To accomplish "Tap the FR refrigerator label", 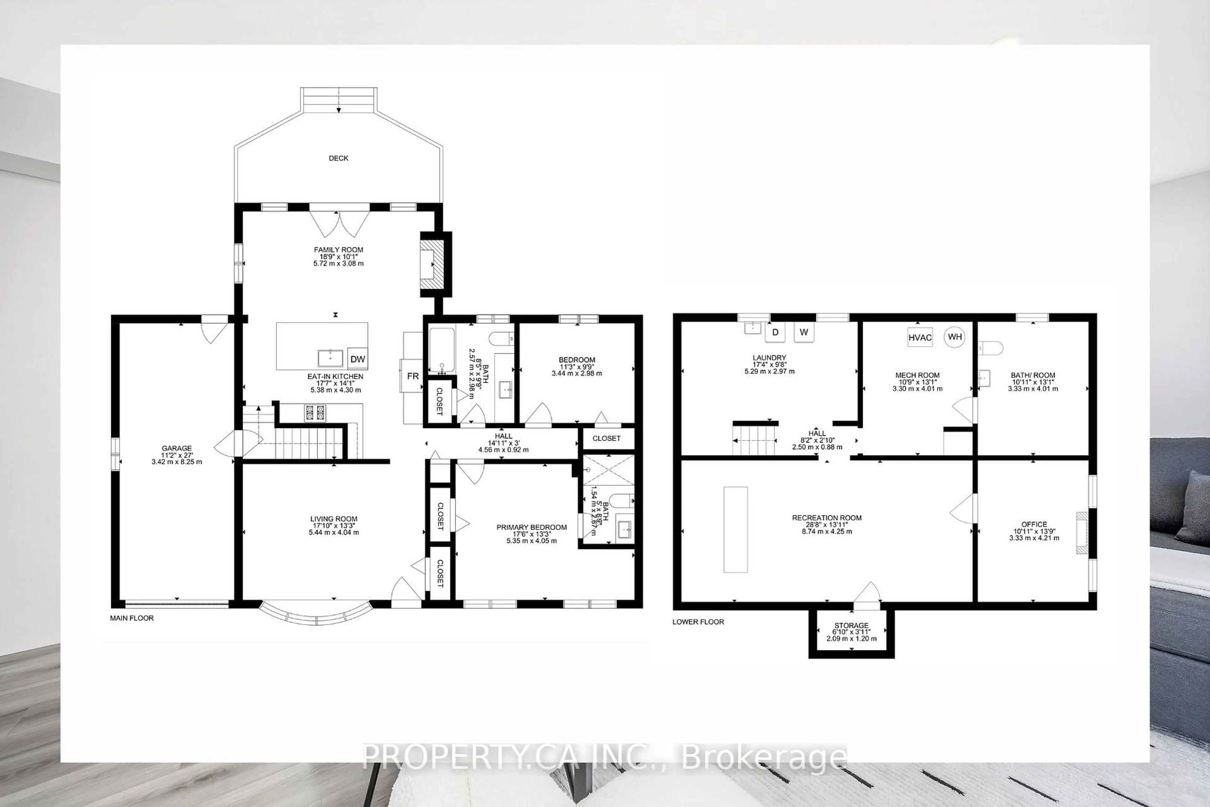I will [x=412, y=376].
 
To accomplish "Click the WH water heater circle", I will [x=954, y=337].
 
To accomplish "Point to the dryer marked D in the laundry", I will [x=775, y=333].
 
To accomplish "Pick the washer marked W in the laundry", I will [x=804, y=333].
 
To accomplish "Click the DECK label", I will [x=338, y=158].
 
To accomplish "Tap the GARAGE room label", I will [x=176, y=448].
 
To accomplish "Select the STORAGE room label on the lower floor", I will [x=851, y=625].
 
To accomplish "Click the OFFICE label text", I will [x=1034, y=525].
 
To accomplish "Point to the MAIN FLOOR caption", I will [x=132, y=618].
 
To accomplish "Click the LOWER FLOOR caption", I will [x=698, y=622].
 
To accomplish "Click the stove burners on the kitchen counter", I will [x=315, y=413].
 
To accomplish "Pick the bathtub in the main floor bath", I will [x=442, y=350].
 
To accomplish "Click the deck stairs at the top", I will [x=338, y=100].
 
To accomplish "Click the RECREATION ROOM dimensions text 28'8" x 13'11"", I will [x=827, y=525].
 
